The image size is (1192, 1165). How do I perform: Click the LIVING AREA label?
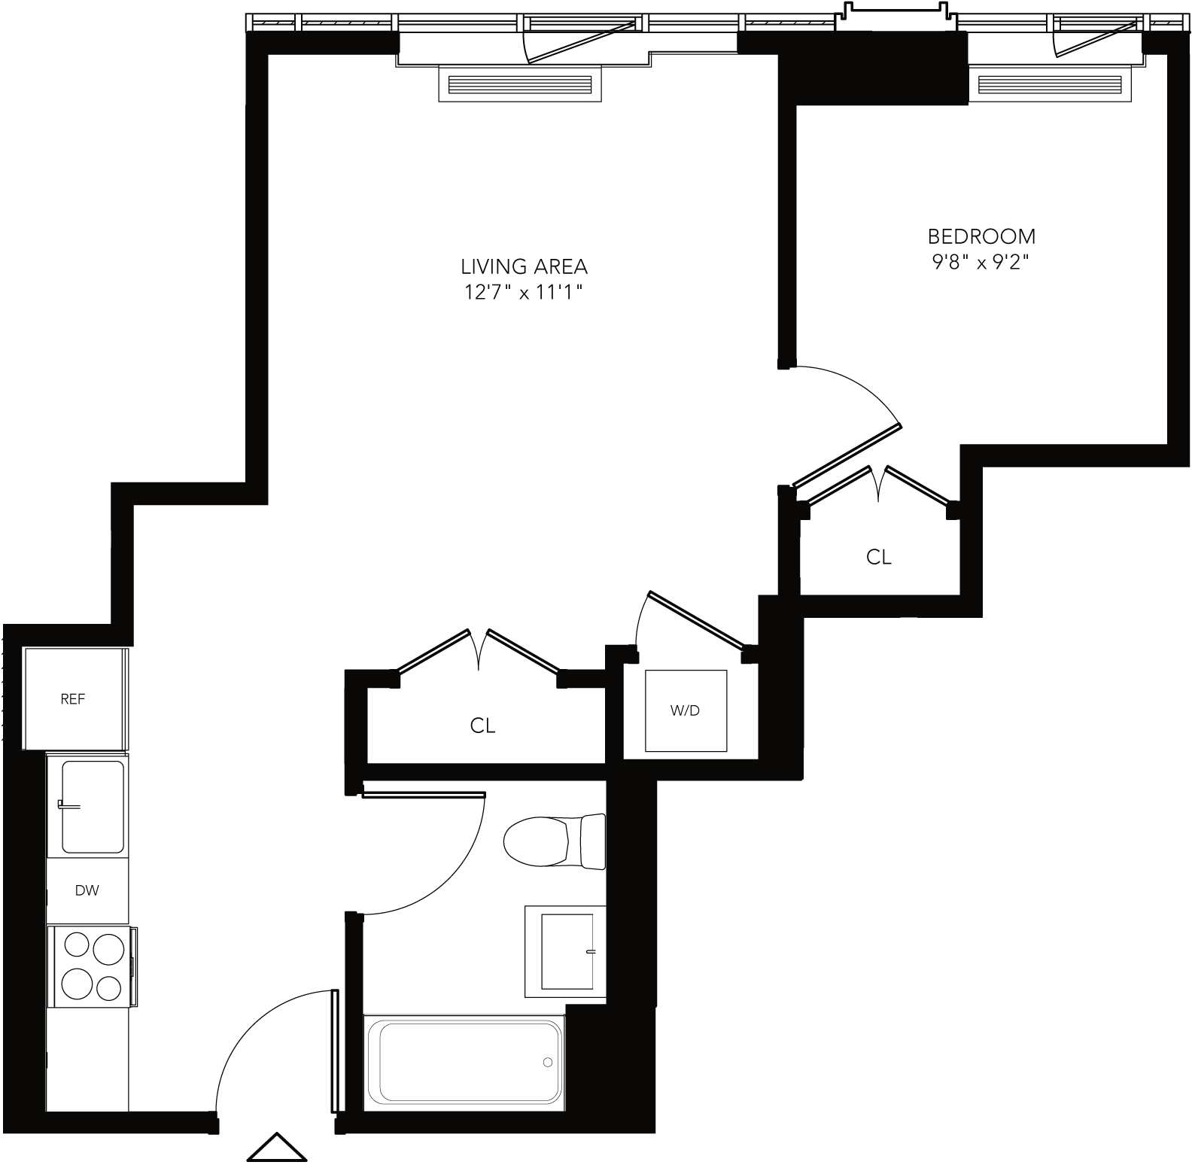click(524, 266)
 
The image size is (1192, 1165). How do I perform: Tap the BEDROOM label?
click(981, 236)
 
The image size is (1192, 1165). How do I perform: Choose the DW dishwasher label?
click(87, 891)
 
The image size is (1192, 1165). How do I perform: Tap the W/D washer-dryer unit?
click(686, 710)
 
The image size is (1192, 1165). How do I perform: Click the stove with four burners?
click(92, 966)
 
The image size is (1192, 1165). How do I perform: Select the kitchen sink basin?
click(92, 807)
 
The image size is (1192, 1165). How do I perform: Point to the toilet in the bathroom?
click(555, 841)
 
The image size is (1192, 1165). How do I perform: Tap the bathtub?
click(464, 1062)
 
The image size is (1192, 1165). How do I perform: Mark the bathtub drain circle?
click(547, 1063)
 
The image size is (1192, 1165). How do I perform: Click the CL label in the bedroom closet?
click(878, 557)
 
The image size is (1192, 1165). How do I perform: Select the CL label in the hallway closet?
click(482, 725)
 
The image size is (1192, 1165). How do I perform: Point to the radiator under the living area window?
click(520, 84)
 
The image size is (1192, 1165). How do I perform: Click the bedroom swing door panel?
click(847, 456)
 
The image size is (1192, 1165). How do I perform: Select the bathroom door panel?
click(424, 795)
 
